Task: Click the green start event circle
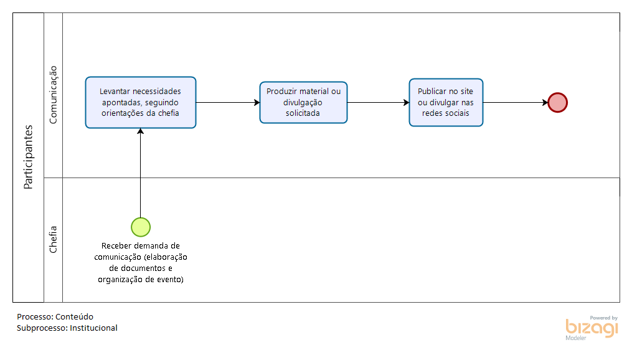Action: [x=141, y=227]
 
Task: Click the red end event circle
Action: [x=558, y=102]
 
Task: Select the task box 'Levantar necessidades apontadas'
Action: [x=141, y=102]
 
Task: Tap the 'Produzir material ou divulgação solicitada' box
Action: [x=303, y=102]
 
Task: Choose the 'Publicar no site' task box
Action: [x=446, y=102]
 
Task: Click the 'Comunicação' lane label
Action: [x=53, y=95]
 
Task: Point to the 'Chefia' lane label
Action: [x=53, y=239]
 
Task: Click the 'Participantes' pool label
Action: [x=28, y=157]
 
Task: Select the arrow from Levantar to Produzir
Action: [x=228, y=102]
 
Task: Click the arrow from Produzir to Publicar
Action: [x=379, y=102]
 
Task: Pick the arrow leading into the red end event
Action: [x=516, y=102]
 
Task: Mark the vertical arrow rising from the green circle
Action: [x=140, y=173]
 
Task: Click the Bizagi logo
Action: [x=592, y=328]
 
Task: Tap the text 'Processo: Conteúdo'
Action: [x=55, y=317]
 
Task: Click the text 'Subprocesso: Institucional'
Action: [x=67, y=328]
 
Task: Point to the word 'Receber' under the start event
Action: [x=115, y=246]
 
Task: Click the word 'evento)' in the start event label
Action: [x=170, y=280]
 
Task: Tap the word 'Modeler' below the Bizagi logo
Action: [x=576, y=338]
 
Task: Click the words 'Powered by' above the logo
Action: [x=604, y=318]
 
